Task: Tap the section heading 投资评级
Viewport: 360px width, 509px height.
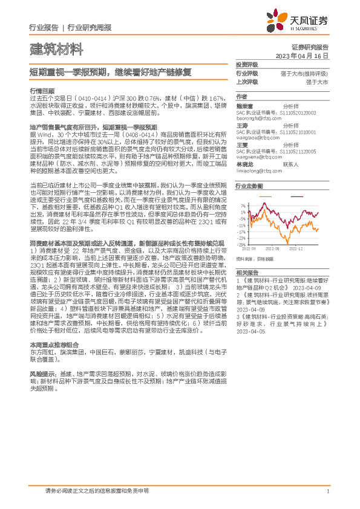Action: coord(247,64)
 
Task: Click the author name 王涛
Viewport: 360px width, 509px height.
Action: coord(242,126)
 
